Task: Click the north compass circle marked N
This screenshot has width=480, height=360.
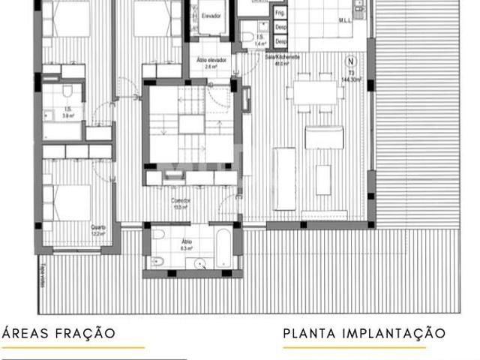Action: click(349, 61)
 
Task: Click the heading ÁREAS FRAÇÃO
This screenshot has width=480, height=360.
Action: click(59, 333)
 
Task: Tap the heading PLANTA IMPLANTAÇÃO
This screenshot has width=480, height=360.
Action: click(364, 333)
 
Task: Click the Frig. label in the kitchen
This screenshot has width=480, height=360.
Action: click(280, 13)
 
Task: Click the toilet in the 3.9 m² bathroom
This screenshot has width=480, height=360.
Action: click(67, 92)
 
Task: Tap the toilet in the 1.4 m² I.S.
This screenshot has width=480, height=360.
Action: click(247, 37)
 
